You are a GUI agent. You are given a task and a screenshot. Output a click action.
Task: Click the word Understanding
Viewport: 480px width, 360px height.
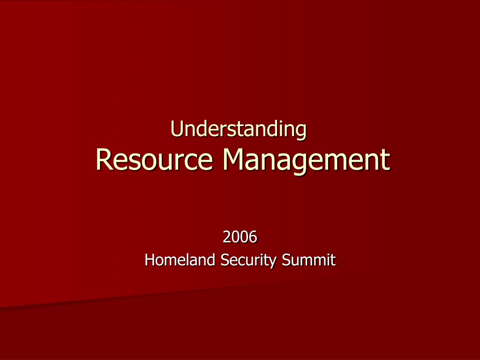tap(238, 129)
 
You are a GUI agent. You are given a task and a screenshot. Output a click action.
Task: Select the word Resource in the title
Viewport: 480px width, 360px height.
tap(154, 159)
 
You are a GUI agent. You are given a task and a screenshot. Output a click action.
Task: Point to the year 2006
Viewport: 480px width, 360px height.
tap(240, 237)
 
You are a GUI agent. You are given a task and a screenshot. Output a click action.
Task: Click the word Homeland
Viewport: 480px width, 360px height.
tap(180, 260)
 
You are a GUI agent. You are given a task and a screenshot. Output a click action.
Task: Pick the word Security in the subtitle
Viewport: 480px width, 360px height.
tap(248, 261)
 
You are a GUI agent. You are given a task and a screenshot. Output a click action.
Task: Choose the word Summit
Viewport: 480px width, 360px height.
tap(308, 260)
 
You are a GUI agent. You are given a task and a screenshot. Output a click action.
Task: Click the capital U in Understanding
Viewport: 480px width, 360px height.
tap(177, 128)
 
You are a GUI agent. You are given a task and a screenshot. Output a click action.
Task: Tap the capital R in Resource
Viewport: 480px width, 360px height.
tap(105, 159)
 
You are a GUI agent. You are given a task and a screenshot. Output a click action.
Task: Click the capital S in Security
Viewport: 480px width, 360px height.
tap(225, 260)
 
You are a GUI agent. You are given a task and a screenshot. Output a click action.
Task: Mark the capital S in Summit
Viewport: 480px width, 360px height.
tap(286, 260)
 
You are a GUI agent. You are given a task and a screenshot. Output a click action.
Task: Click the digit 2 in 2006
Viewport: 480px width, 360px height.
tap(227, 237)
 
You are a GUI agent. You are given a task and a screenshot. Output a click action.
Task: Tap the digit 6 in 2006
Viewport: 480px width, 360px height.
tap(253, 237)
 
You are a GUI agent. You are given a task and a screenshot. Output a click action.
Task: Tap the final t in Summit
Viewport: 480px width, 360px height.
tap(333, 260)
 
